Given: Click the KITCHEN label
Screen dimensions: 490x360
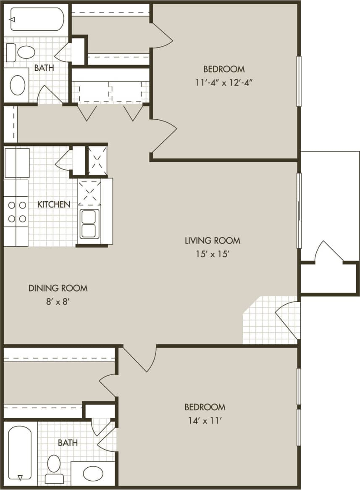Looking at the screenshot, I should click(54, 204).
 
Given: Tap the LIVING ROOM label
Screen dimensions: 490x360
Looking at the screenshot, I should click(213, 241).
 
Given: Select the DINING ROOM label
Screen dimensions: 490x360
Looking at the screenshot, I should click(58, 288).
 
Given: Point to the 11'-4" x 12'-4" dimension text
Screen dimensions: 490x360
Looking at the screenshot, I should click(224, 82).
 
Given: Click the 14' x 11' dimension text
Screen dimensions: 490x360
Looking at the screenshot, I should click(205, 420).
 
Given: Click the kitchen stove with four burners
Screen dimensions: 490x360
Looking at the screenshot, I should click(16, 212).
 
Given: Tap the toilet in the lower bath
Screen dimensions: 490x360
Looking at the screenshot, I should click(54, 468).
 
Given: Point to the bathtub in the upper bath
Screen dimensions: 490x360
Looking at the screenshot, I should click(37, 19).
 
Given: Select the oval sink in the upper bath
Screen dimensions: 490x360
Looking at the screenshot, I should click(17, 85).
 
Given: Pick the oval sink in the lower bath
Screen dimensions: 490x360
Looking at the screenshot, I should click(93, 474).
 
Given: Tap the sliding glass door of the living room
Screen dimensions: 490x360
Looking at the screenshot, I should click(299, 210).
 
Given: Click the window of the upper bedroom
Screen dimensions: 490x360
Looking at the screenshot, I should click(299, 81).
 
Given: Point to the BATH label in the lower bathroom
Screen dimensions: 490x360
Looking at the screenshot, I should click(68, 443).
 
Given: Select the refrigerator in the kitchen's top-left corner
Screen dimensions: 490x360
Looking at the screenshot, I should click(17, 162).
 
